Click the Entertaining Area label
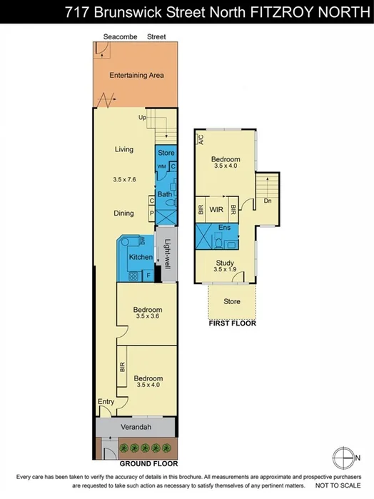point(136,75)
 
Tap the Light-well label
point(166,253)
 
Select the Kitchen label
point(140,257)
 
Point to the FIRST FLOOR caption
point(231,323)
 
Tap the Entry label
point(106,402)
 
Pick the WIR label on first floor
point(218,210)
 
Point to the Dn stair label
point(268,201)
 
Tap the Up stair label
point(143,118)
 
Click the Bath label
point(165,193)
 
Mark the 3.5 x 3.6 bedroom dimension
point(148,318)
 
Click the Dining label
point(126,213)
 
